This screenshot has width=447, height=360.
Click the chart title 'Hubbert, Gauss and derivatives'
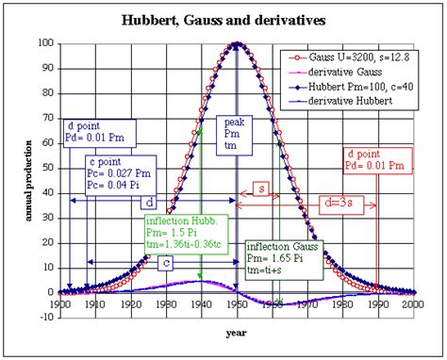click(x=223, y=20)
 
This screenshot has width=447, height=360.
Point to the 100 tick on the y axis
click(x=47, y=43)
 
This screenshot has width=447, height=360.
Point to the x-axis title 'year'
click(x=237, y=333)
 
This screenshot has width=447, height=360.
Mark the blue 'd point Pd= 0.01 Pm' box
click(x=102, y=132)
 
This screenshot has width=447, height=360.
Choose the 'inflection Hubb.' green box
click(x=185, y=234)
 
